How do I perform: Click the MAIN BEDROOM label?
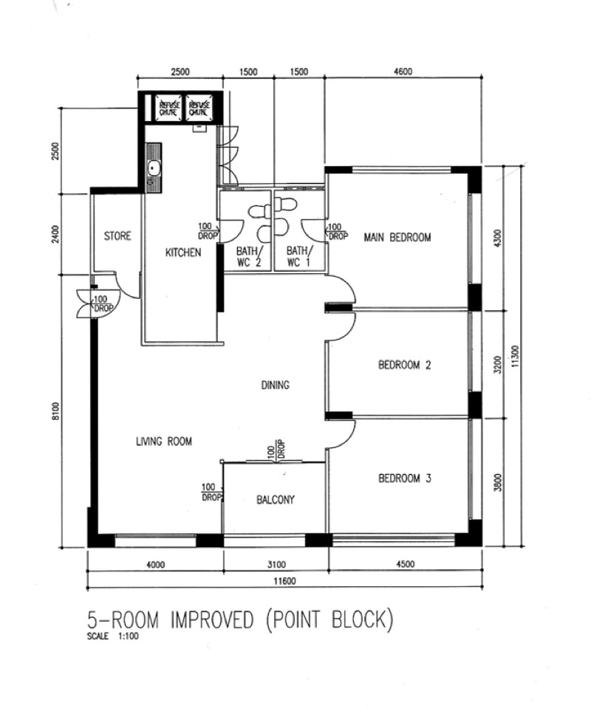coord(397,237)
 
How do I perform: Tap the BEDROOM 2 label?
coord(404,365)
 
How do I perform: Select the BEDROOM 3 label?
coord(404,478)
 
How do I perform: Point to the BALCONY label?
coord(275,499)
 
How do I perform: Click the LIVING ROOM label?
coord(164,441)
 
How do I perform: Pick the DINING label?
coord(275,385)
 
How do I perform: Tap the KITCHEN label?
coord(183,252)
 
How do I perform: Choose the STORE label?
coord(117,236)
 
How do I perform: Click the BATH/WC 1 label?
coord(298,256)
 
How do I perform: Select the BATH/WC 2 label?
coord(248,256)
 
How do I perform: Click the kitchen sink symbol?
coord(154,168)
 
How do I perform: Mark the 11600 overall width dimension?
coord(284,581)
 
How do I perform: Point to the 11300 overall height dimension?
coord(516,357)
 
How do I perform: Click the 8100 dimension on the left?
coord(55,411)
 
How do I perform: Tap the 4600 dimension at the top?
coord(403,72)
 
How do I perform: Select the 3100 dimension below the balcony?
coord(276,565)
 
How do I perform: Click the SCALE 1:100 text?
coord(113,636)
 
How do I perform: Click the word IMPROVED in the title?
coord(212,619)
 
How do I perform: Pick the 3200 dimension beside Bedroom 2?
coord(497,365)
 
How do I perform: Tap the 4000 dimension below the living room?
coord(156,565)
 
